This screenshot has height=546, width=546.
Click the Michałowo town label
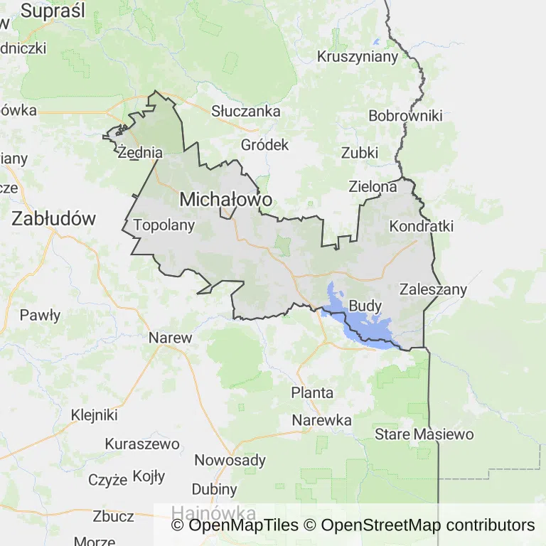226,200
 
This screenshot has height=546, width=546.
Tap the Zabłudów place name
53,218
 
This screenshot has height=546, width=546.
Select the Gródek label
265,145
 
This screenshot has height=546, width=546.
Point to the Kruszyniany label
358,57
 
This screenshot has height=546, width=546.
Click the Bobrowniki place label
405,116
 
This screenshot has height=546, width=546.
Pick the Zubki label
360,153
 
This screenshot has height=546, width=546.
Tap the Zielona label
373,187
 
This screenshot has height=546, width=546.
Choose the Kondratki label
422,226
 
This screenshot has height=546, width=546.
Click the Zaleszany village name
433,289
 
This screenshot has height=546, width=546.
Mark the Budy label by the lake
365,306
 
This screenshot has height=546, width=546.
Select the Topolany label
164,225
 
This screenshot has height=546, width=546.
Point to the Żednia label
141,152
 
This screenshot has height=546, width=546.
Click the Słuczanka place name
246,111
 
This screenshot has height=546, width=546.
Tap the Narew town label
171,338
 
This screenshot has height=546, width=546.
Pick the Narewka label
322,420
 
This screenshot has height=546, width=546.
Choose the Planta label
312,392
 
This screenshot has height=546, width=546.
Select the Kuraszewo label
142,444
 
